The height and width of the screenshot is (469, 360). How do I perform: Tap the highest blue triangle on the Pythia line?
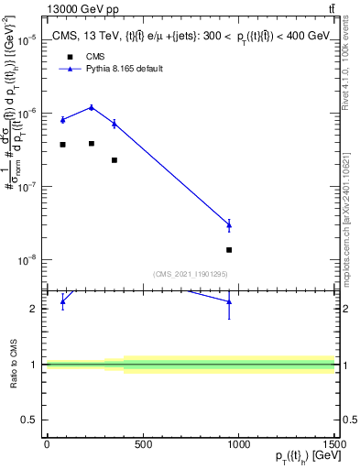91,107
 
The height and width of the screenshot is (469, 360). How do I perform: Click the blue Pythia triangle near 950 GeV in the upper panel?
229,224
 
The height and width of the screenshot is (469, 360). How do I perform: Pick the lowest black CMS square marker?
229,249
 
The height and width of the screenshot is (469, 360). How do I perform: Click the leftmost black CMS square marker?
62,145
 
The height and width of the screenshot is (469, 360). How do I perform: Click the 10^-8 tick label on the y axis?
27,260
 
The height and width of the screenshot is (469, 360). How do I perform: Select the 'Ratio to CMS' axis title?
14,364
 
